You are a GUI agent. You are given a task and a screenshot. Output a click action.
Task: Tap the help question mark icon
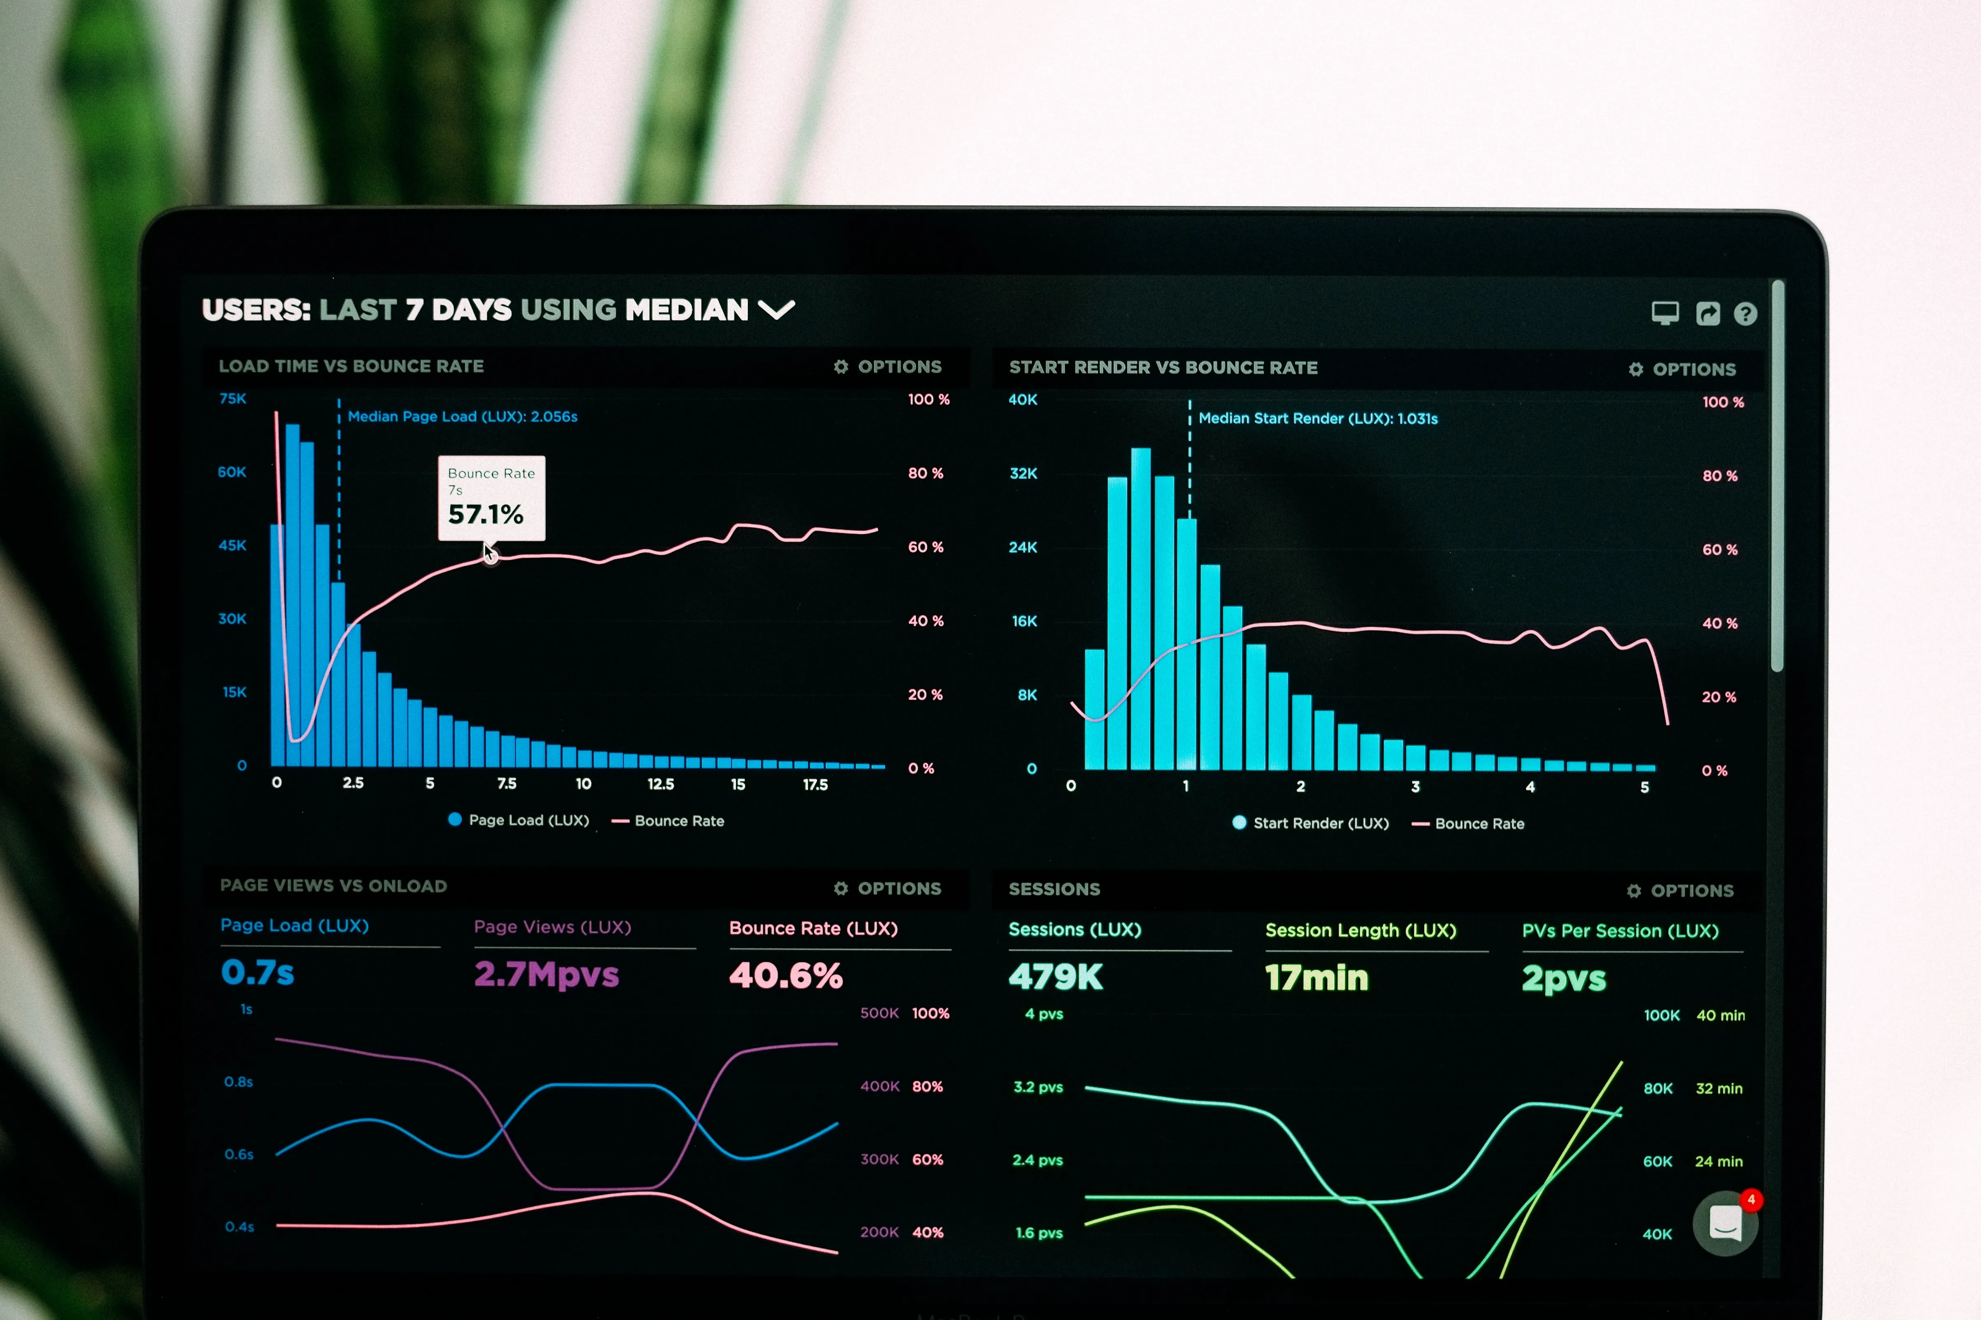1745,314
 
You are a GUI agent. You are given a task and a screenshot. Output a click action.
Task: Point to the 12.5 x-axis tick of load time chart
660,784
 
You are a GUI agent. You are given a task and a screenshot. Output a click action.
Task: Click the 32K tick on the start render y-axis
1023,473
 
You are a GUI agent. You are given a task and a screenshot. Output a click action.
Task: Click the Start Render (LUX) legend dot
1239,822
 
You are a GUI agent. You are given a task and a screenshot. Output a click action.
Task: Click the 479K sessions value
1055,977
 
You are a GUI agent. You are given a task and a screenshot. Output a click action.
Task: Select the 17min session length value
1316,978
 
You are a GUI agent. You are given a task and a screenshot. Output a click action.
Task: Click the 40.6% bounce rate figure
785,975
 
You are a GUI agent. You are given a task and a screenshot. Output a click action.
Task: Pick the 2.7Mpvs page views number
546,974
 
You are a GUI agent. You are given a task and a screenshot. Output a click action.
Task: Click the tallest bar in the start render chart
1140,606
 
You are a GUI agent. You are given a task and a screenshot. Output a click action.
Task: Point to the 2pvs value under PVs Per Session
1563,978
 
